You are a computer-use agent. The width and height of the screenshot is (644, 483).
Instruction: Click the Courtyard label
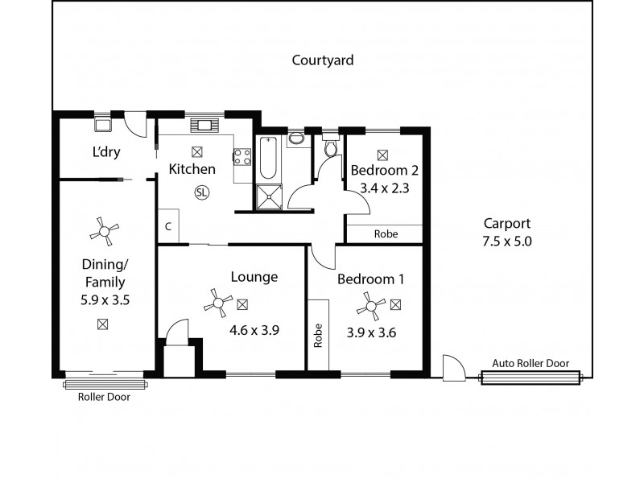click(323, 60)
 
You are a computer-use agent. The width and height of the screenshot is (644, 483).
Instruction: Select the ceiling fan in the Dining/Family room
click(102, 232)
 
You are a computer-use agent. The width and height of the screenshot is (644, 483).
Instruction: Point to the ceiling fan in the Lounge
click(217, 303)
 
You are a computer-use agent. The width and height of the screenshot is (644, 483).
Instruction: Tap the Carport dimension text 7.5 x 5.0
click(507, 240)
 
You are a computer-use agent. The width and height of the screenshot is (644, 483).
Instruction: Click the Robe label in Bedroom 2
click(385, 234)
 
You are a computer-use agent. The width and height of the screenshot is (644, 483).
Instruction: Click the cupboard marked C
click(167, 227)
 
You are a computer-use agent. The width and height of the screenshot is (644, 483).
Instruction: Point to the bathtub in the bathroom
click(267, 159)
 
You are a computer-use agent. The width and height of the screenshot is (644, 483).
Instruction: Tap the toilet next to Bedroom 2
click(328, 148)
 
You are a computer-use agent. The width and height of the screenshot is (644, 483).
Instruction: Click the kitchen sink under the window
click(202, 125)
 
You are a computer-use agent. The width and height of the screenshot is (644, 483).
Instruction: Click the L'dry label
click(105, 152)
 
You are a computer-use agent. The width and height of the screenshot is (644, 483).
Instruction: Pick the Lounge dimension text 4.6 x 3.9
click(254, 328)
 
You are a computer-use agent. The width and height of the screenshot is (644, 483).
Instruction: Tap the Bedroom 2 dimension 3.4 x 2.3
click(384, 189)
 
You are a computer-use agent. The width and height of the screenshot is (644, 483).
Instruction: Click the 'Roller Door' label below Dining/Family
click(103, 397)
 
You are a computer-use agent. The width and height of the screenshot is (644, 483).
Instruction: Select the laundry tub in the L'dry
click(103, 125)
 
